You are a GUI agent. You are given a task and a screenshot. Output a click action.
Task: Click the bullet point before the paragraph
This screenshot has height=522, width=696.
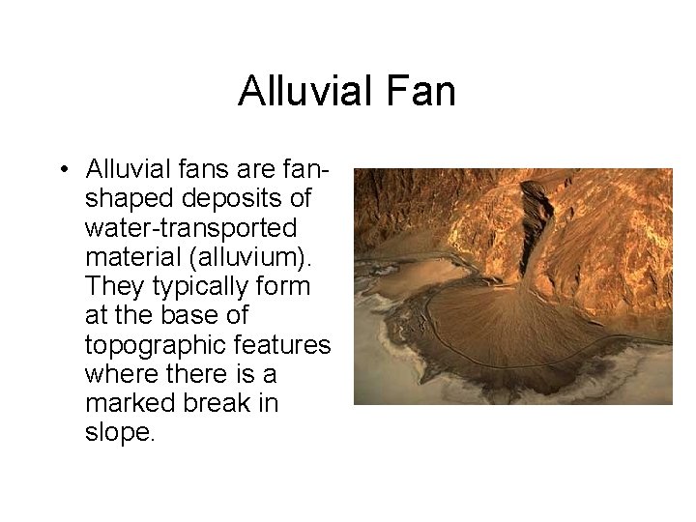pos(61,172)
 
